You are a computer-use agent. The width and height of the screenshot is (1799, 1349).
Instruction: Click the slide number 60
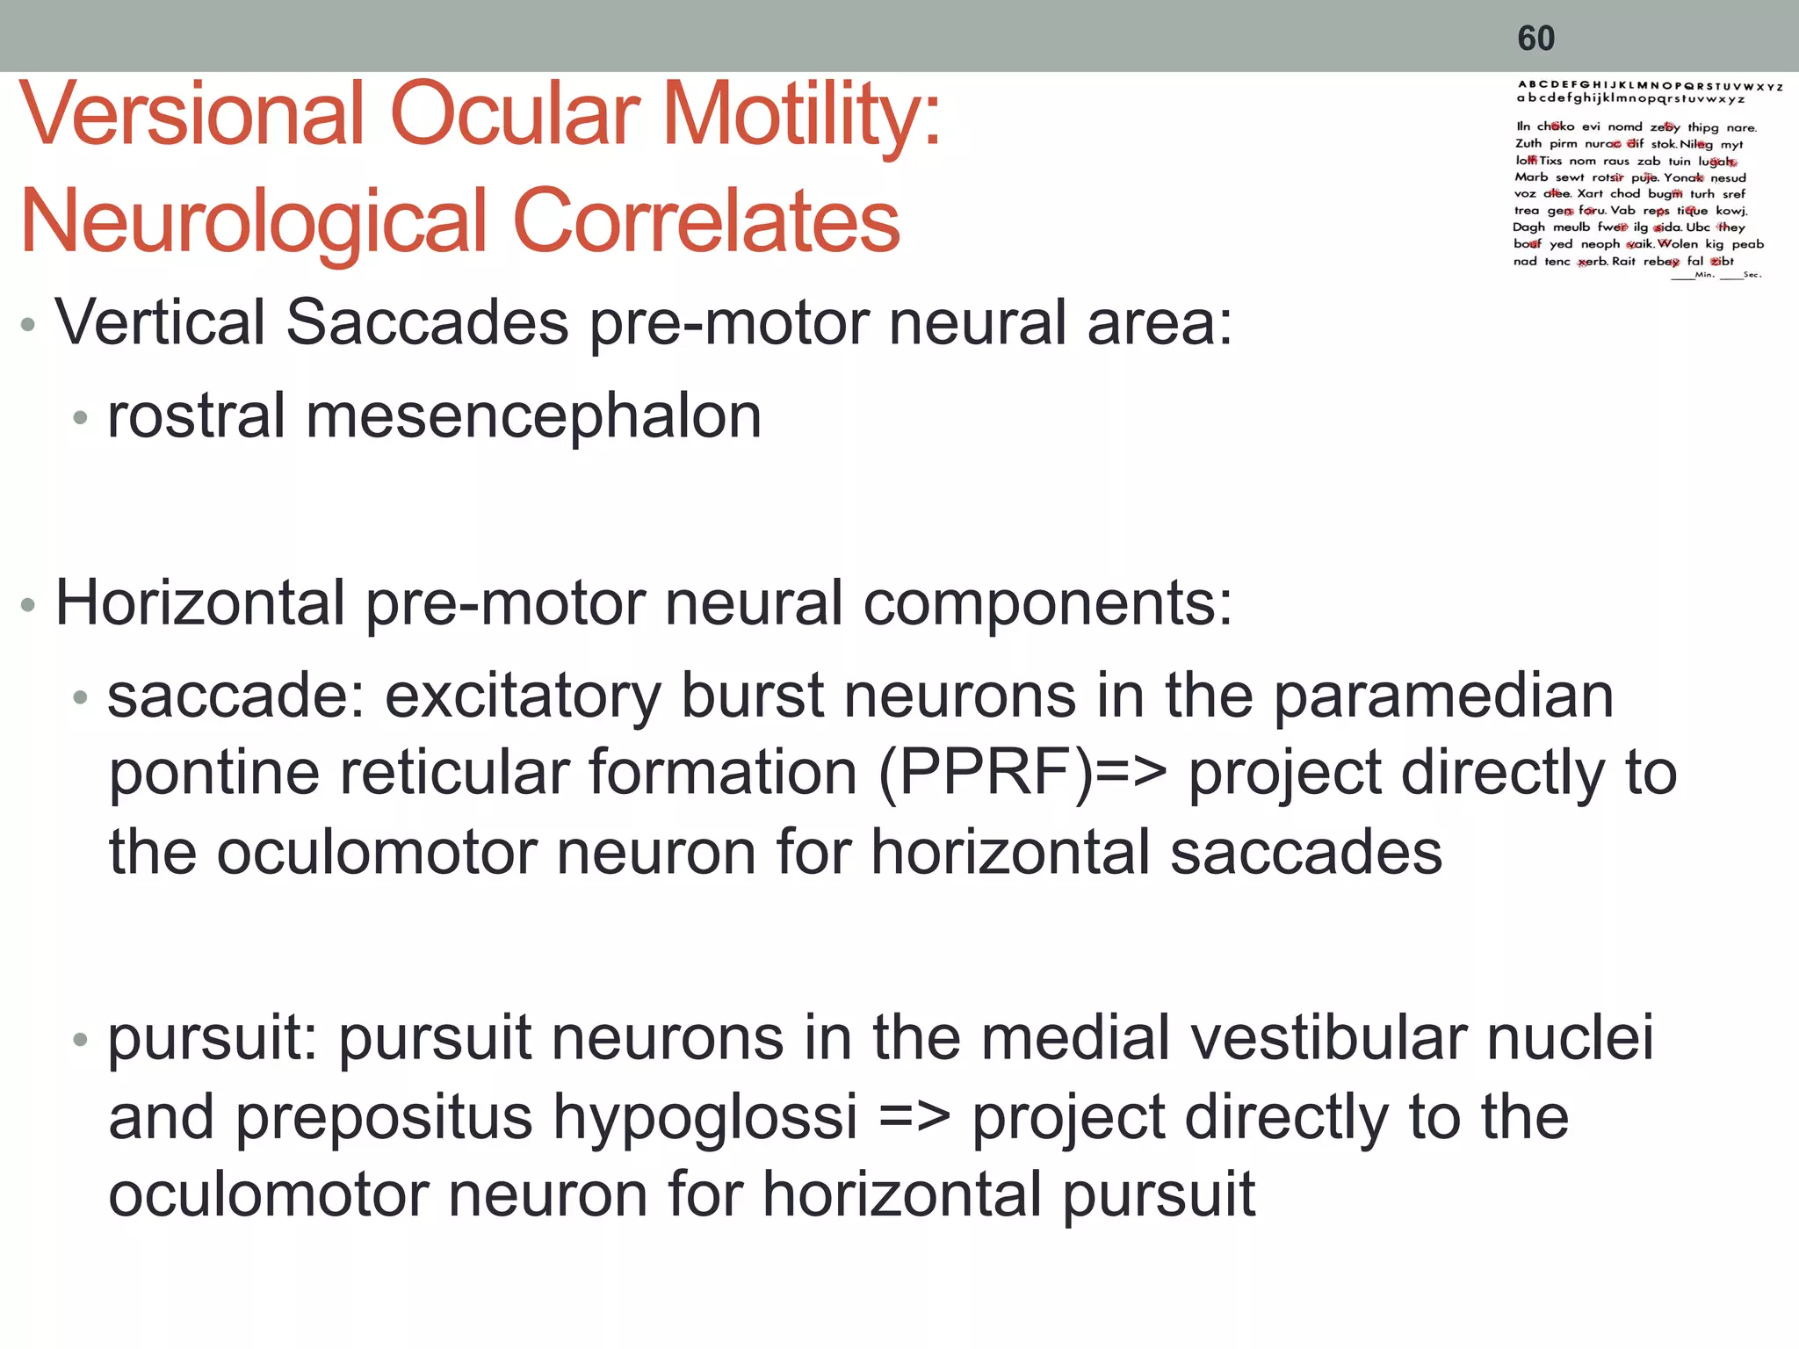point(1536,39)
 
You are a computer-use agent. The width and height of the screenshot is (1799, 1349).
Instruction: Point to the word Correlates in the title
point(706,220)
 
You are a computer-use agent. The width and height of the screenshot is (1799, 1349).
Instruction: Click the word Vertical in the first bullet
point(159,322)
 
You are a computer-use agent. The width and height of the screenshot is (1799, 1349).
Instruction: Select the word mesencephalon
point(533,416)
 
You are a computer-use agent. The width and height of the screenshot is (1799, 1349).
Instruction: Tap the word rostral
point(196,416)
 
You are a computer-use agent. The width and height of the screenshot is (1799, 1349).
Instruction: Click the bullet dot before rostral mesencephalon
point(81,418)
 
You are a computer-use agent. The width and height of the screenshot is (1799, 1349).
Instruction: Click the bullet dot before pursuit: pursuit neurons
point(81,1041)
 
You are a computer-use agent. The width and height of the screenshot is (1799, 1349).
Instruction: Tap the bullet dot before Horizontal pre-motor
point(28,605)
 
